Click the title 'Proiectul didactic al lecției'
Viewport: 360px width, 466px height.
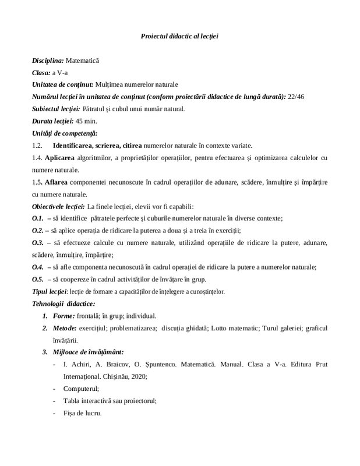tap(179, 36)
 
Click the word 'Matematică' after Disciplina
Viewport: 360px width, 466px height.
tap(83, 61)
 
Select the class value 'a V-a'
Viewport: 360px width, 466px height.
tap(58, 73)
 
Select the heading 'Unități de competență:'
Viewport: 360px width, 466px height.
tap(65, 133)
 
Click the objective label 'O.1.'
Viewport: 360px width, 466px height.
tap(38, 218)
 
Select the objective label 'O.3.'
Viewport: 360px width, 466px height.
tap(38, 242)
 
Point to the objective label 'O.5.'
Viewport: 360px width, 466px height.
tap(38, 279)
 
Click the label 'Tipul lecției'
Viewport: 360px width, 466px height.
tap(50, 291)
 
